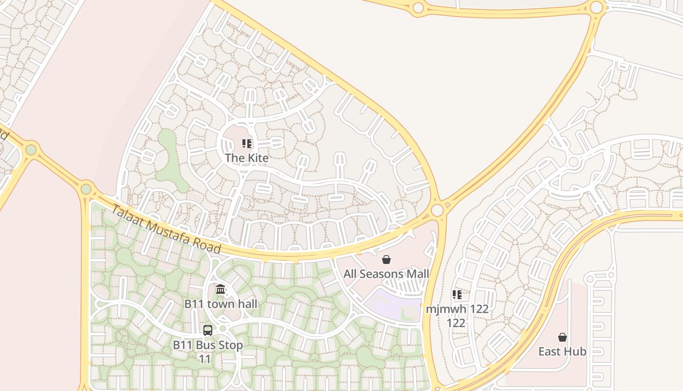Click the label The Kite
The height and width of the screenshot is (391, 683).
point(246,158)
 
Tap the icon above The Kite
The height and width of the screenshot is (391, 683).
point(247,144)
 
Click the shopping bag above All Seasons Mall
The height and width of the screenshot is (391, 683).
point(386,259)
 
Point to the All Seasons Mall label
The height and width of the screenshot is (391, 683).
point(386,274)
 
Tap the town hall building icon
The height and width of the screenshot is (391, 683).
point(221,289)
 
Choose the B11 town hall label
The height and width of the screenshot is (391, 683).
point(221,304)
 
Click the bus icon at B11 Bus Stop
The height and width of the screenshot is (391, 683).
point(208,330)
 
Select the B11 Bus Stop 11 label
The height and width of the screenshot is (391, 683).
point(208,351)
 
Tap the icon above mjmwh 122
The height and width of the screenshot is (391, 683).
point(457,294)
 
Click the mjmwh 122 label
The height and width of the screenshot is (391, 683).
point(457,316)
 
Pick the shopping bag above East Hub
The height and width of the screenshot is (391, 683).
point(562,337)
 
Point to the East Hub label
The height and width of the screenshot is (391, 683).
point(562,351)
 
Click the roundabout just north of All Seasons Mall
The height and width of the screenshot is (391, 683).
point(437,210)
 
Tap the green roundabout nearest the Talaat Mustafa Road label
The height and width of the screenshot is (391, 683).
point(86,188)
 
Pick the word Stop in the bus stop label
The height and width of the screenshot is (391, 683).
point(231,345)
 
